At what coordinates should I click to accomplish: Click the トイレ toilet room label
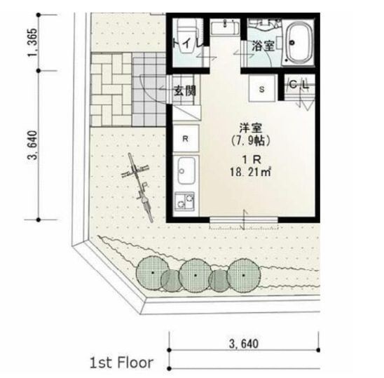(x=188, y=43)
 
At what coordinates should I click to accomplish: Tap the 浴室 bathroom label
(x=263, y=46)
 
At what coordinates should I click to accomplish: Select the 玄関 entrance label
(x=185, y=90)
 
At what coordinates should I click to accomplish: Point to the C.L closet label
(x=299, y=85)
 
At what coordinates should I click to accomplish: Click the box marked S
(x=262, y=88)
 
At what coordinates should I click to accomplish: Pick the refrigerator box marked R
(x=186, y=138)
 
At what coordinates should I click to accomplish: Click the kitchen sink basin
(x=186, y=170)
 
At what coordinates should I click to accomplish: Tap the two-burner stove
(x=185, y=201)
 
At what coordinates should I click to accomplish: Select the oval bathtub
(x=299, y=42)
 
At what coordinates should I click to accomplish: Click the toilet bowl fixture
(x=188, y=36)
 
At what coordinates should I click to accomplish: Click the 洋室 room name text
(x=251, y=128)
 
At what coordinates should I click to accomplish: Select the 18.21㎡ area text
(x=250, y=172)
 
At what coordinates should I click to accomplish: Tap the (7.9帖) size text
(x=251, y=141)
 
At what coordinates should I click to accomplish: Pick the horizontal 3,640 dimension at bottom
(x=244, y=344)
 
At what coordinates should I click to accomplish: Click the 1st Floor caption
(x=122, y=363)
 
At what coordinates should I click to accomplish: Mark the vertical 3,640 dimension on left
(x=32, y=145)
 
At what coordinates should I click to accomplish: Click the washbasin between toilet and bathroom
(x=225, y=27)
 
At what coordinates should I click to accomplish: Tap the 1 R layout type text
(x=252, y=160)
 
